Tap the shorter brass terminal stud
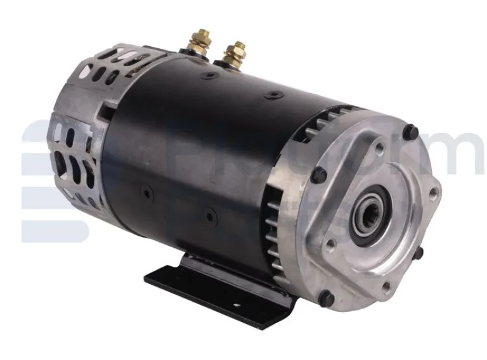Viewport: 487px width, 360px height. point(235,53)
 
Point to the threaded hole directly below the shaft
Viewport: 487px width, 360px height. point(386,287)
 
